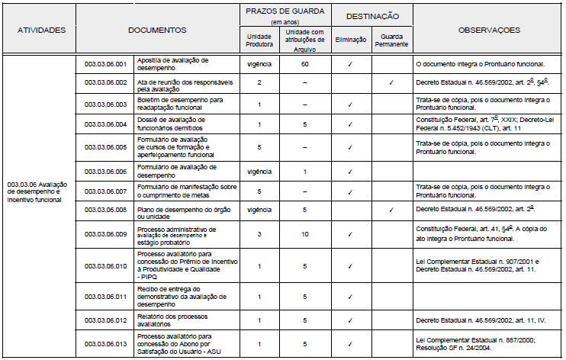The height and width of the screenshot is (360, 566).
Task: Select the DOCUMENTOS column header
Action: point(157,30)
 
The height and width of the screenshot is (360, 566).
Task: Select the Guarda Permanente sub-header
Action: point(391,40)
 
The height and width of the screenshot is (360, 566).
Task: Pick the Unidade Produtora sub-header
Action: point(259,40)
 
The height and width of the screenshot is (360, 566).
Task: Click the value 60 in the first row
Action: point(304,63)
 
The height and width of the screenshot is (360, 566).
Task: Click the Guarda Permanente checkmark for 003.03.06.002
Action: point(391,82)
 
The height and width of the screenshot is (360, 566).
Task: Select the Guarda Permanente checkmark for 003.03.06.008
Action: point(391,208)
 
